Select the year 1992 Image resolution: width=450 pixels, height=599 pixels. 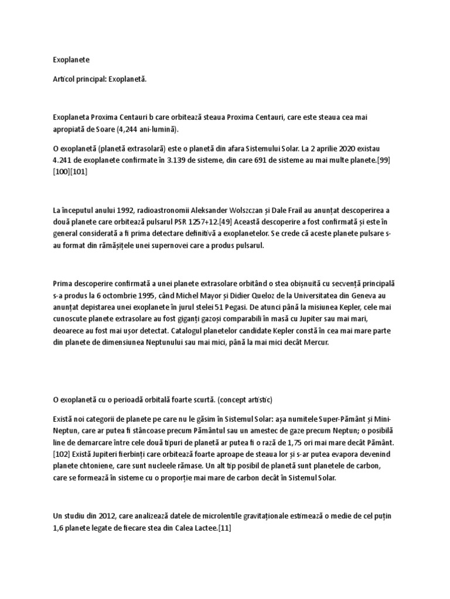tap(111, 210)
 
